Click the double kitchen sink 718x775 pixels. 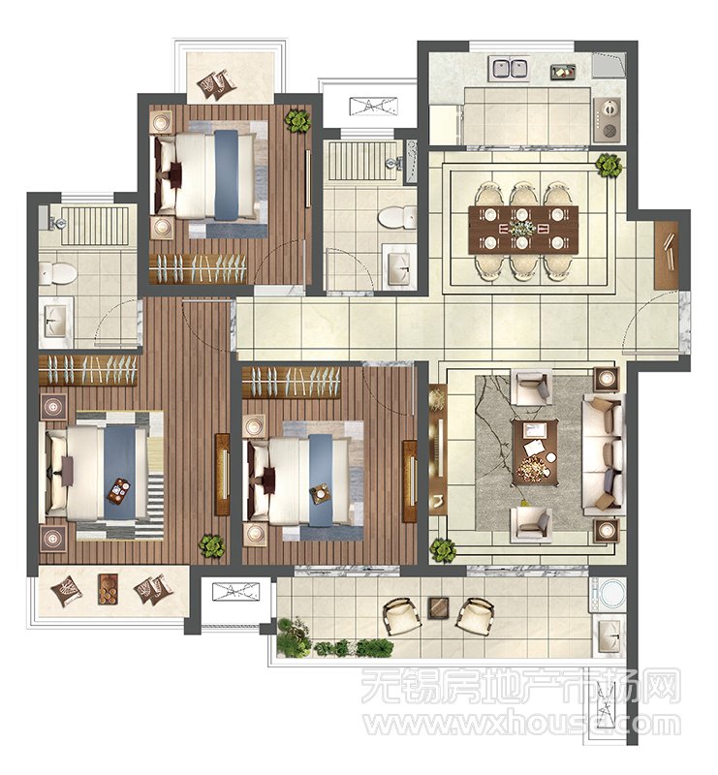tap(509, 69)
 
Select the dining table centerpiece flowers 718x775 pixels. tap(523, 229)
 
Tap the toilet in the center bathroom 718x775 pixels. tap(396, 217)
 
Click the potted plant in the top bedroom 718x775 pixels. tap(297, 121)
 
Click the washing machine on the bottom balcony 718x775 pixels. tap(607, 593)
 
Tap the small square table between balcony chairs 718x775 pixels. tap(438, 608)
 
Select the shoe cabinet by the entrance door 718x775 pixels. tap(666, 255)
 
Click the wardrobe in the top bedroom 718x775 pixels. tap(198, 268)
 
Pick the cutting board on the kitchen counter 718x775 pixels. tap(563, 72)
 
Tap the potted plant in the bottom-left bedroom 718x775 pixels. tap(211, 545)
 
